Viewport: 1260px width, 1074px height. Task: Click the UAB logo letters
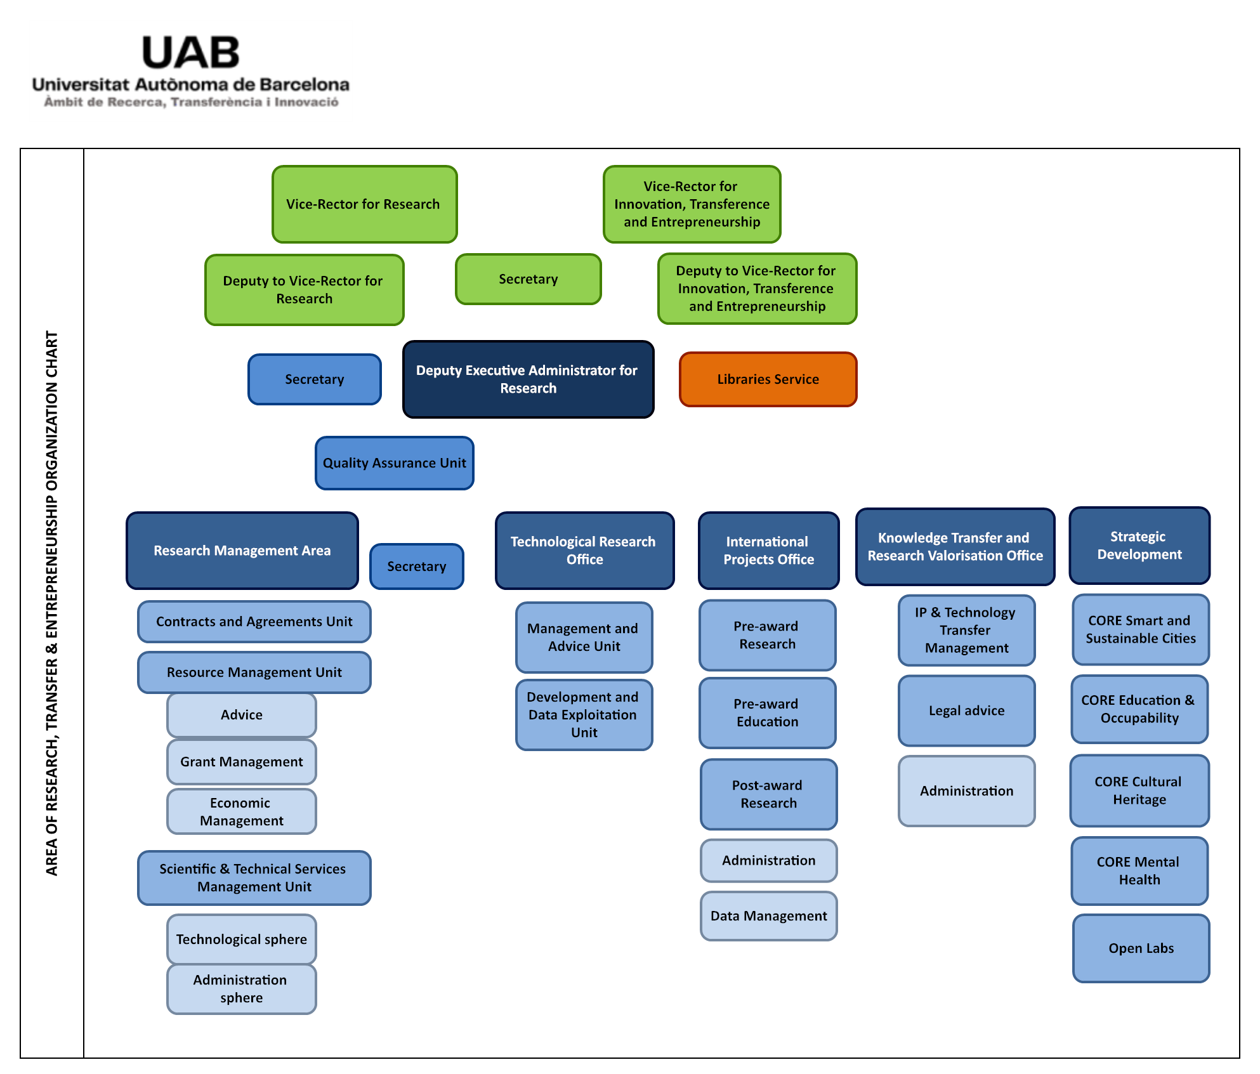(190, 53)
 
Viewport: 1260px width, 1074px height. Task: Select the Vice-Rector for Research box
(364, 204)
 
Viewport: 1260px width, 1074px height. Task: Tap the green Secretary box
(528, 279)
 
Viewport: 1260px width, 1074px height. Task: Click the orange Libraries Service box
(768, 379)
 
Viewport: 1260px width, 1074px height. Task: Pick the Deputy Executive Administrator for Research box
(528, 379)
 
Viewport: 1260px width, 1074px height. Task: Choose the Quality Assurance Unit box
(394, 463)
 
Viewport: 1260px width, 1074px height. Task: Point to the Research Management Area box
(242, 551)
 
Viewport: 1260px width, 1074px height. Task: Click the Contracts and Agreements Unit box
(254, 622)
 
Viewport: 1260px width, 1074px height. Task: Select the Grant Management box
(241, 762)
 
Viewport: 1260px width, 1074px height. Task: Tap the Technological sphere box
(241, 940)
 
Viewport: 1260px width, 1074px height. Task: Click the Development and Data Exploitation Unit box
(584, 715)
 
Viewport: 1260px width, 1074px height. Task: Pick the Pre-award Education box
(767, 713)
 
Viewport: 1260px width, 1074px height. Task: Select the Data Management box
(768, 916)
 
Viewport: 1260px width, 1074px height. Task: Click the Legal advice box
(966, 711)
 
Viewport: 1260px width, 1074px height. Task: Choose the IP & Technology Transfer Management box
(966, 631)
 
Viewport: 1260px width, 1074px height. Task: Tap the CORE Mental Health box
(1139, 871)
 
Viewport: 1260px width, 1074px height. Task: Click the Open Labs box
(1141, 948)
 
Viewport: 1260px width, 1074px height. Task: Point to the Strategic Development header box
(1139, 546)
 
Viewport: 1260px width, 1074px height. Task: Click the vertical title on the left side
(52, 603)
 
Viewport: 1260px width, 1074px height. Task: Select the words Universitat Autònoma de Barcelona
(190, 85)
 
